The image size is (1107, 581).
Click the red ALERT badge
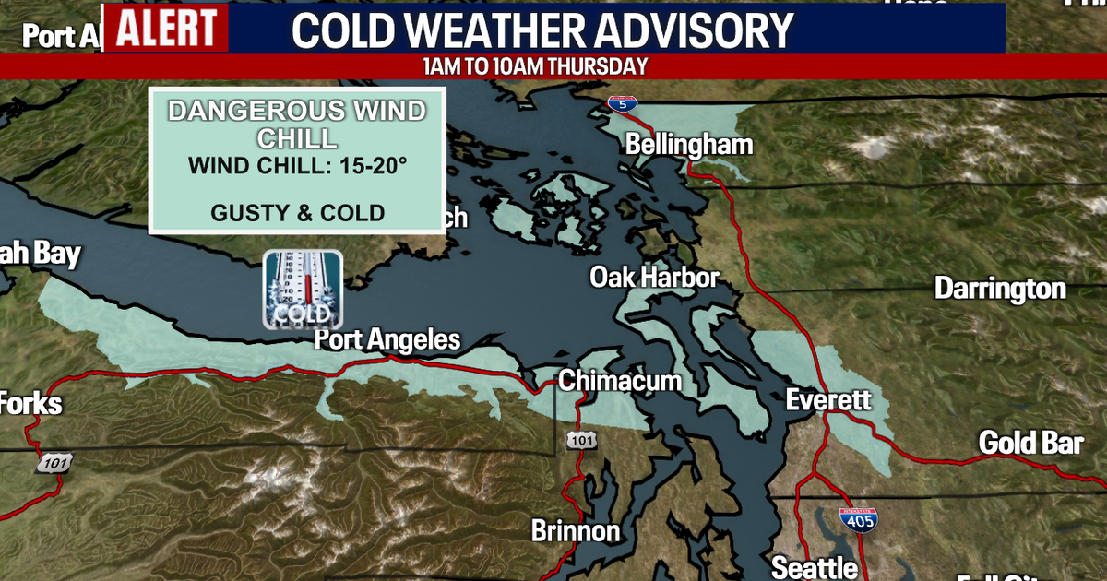tap(167, 28)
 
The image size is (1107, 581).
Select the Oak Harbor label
tap(654, 277)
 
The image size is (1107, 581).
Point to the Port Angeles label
tap(387, 339)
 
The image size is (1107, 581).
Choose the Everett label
tap(827, 400)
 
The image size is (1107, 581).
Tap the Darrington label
tap(1000, 289)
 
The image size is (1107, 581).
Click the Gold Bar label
tap(1030, 443)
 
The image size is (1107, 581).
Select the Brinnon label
tap(576, 531)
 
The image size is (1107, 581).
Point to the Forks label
tap(31, 404)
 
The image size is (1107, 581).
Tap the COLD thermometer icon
tap(303, 290)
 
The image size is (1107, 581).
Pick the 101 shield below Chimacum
tap(581, 441)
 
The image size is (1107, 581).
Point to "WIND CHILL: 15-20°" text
tap(297, 167)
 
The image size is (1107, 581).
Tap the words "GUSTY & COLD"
tap(297, 213)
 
